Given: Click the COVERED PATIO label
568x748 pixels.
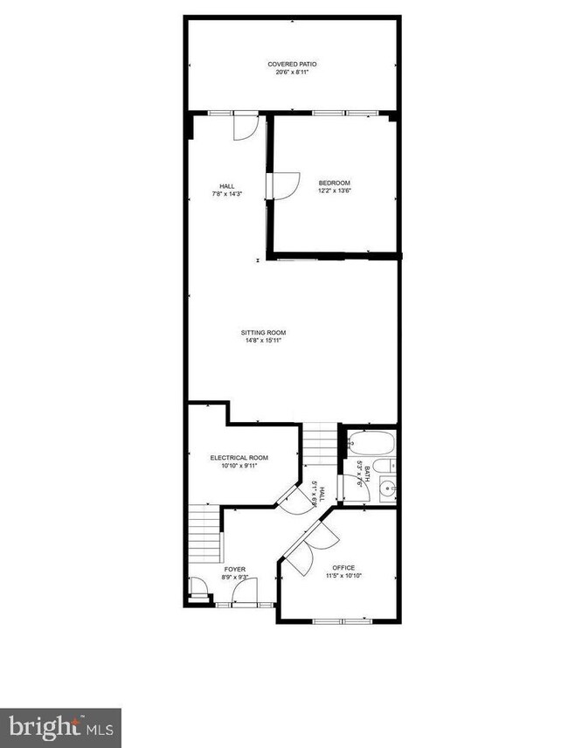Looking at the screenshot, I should [x=292, y=64].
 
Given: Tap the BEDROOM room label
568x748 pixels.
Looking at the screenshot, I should [x=334, y=183].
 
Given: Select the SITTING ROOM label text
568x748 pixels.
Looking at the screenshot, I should [x=264, y=332].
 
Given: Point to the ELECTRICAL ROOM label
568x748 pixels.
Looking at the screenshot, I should [x=239, y=457].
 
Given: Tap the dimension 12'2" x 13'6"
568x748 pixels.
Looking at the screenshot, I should [x=334, y=190].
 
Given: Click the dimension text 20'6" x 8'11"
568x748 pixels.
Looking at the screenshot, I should [x=292, y=72].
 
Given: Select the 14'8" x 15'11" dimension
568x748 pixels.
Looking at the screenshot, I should [x=264, y=341].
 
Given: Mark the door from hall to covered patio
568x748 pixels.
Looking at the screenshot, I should [x=244, y=127].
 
